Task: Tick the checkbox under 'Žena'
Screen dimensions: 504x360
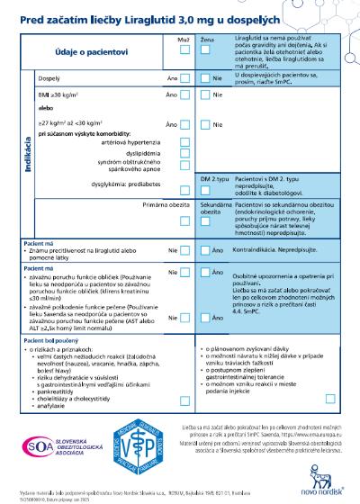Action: click(x=207, y=51)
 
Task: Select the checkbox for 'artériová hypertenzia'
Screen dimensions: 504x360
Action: click(x=184, y=141)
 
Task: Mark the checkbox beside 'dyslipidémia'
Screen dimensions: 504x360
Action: click(x=184, y=153)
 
